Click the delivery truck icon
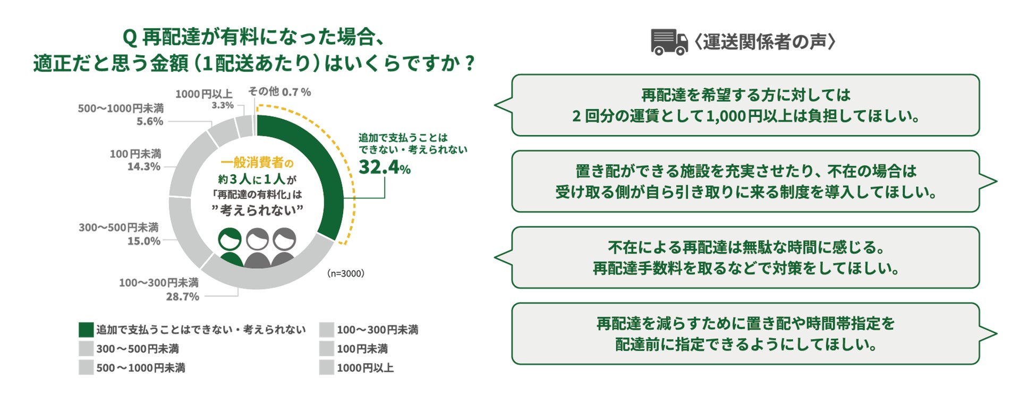point(669,42)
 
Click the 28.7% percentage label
point(182,297)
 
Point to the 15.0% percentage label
point(143,241)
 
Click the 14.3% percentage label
point(143,167)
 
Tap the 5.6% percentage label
point(150,122)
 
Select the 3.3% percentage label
point(222,106)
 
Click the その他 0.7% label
point(279,92)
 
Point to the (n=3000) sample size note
point(345,273)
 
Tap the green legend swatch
point(86,330)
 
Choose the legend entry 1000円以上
point(365,367)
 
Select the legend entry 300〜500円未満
point(137,349)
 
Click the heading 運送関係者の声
point(765,42)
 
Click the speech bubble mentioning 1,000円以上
point(745,105)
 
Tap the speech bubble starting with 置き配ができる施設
point(745,182)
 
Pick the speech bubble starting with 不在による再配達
point(745,258)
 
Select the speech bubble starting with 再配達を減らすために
point(745,333)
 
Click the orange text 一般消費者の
point(257,163)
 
